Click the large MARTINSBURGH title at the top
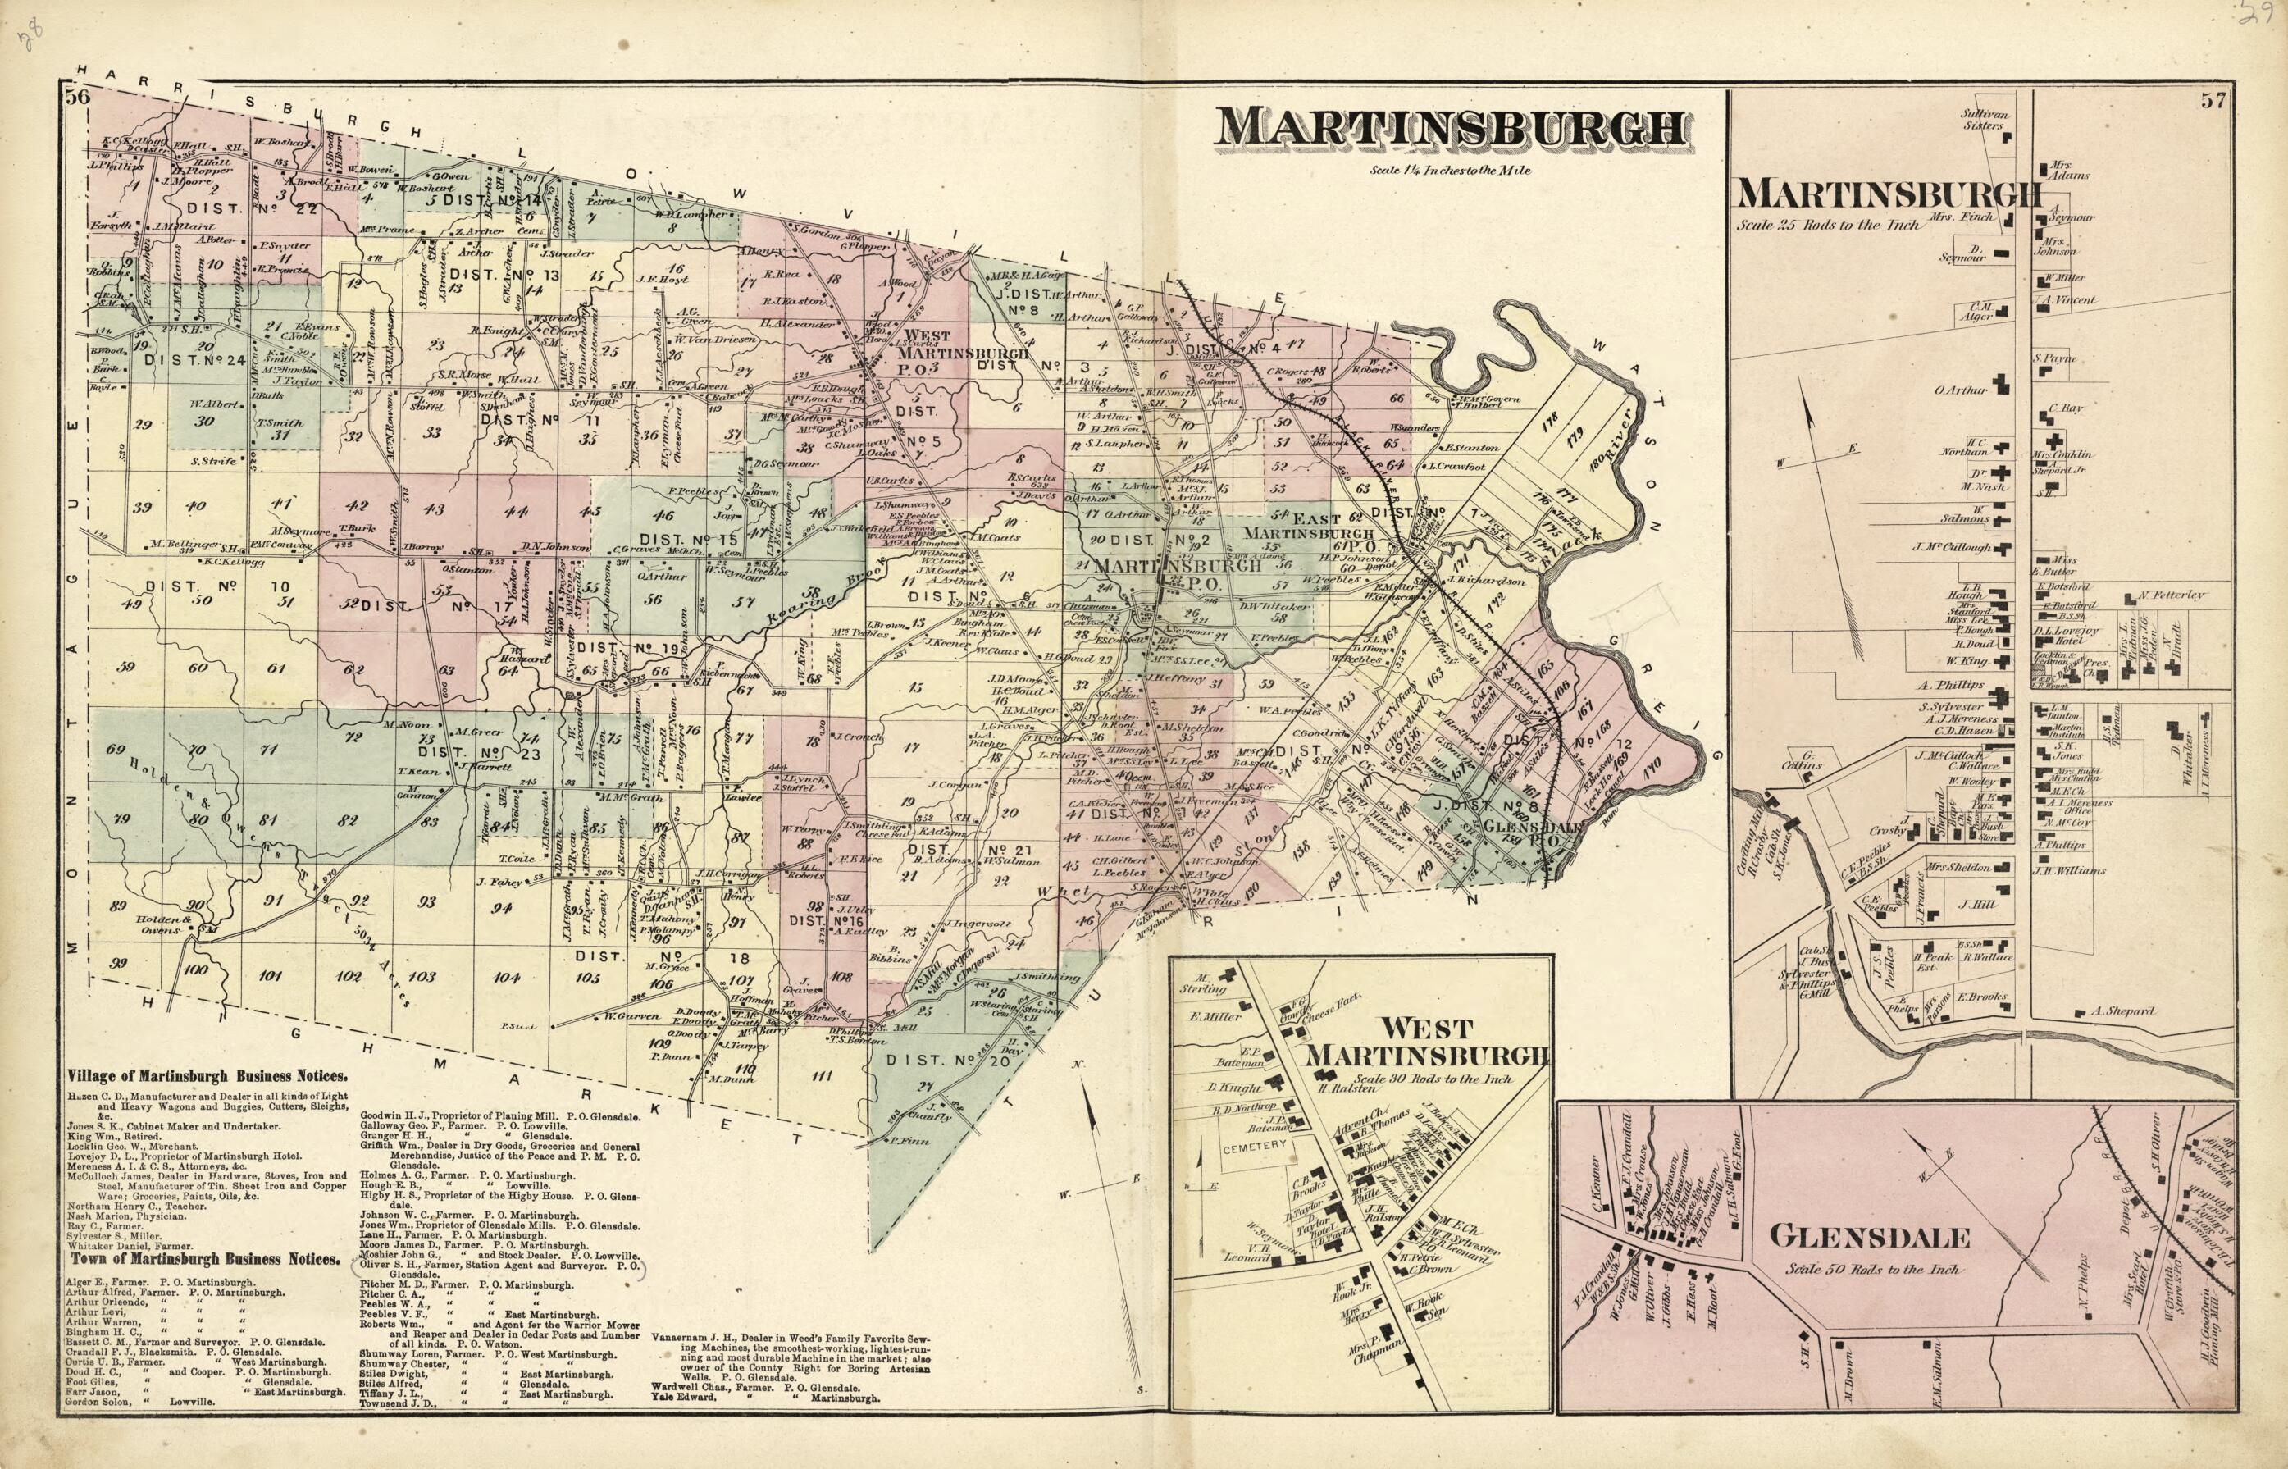click(x=1452, y=130)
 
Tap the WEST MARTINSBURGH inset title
click(x=1426, y=1042)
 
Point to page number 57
click(x=2213, y=100)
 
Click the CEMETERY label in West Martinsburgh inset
click(x=1254, y=1146)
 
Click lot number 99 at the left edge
click(x=117, y=964)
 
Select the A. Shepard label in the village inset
click(x=2117, y=1011)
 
